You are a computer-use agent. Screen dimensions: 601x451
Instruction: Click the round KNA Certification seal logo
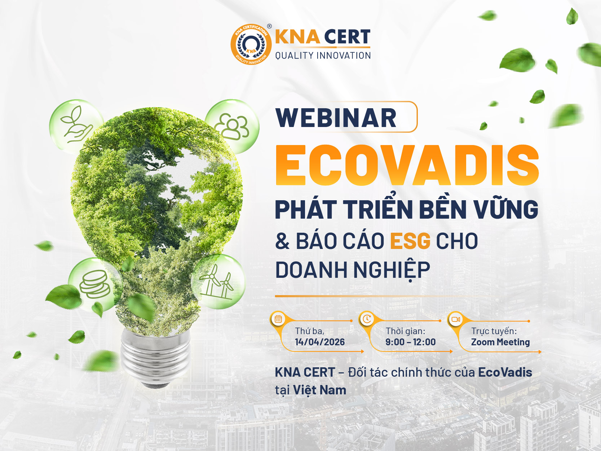pos(251,44)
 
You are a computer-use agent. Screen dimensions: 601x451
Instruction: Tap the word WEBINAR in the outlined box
pos(336,118)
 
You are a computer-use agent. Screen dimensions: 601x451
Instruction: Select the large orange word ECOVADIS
pos(407,165)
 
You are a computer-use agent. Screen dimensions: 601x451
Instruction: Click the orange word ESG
pos(410,241)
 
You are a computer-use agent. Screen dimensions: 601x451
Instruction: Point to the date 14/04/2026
pos(320,342)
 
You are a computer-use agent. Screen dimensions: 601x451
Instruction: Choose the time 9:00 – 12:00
pos(410,342)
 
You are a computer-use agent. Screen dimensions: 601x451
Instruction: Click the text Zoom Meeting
pos(500,342)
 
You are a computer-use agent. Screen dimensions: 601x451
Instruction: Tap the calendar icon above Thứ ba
pos(278,319)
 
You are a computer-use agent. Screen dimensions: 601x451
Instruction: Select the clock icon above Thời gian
pos(367,319)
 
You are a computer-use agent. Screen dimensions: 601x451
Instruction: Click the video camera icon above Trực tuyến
pos(455,319)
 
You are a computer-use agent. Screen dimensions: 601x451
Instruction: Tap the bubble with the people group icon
pos(232,127)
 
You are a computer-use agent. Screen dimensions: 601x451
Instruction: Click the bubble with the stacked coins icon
pos(94,285)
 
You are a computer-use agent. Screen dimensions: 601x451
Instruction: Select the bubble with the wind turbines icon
pos(218,282)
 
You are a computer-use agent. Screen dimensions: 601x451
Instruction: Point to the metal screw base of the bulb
pos(155,358)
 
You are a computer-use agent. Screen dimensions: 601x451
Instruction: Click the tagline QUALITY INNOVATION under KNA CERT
pos(323,56)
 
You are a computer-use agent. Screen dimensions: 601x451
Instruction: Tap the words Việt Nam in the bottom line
pos(319,390)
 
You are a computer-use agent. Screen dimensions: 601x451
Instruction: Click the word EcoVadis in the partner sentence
pos(505,372)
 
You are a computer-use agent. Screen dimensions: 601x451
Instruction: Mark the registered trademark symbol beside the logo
pos(269,26)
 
